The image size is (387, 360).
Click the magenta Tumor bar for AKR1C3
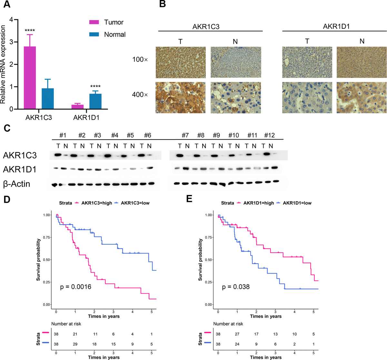tap(30, 78)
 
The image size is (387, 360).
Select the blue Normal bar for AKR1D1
tap(95, 101)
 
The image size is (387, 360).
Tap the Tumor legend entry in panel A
tap(114, 22)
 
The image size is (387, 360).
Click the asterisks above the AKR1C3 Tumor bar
tap(30, 31)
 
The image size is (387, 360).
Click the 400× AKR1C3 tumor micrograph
tap(180, 98)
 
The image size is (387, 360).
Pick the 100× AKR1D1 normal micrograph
tap(361, 62)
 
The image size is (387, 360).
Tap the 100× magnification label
tap(140, 60)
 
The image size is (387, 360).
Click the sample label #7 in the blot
tap(185, 135)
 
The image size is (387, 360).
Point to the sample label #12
tap(269, 135)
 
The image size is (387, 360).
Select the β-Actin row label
tap(17, 184)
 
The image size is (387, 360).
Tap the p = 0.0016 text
tap(75, 287)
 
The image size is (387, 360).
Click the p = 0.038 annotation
tap(236, 287)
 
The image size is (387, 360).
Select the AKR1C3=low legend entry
tap(135, 203)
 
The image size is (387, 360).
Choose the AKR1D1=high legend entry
tap(258, 203)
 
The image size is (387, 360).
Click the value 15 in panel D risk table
tap(113, 344)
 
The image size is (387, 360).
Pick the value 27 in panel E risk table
tap(237, 334)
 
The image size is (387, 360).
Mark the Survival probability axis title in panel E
tap(201, 259)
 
